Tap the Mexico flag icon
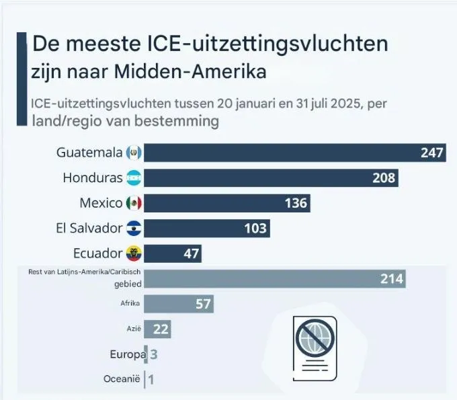pyautogui.click(x=134, y=203)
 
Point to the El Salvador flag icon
pyautogui.click(x=134, y=229)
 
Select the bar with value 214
pyautogui.click(x=274, y=278)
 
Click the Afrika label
pyautogui.click(x=130, y=303)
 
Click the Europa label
pyautogui.click(x=126, y=354)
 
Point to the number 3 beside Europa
pyautogui.click(x=153, y=354)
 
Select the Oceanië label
pyautogui.click(x=122, y=379)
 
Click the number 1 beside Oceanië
pyautogui.click(x=151, y=380)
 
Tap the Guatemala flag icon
pyautogui.click(x=134, y=153)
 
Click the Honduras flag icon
pyautogui.click(x=134, y=178)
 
